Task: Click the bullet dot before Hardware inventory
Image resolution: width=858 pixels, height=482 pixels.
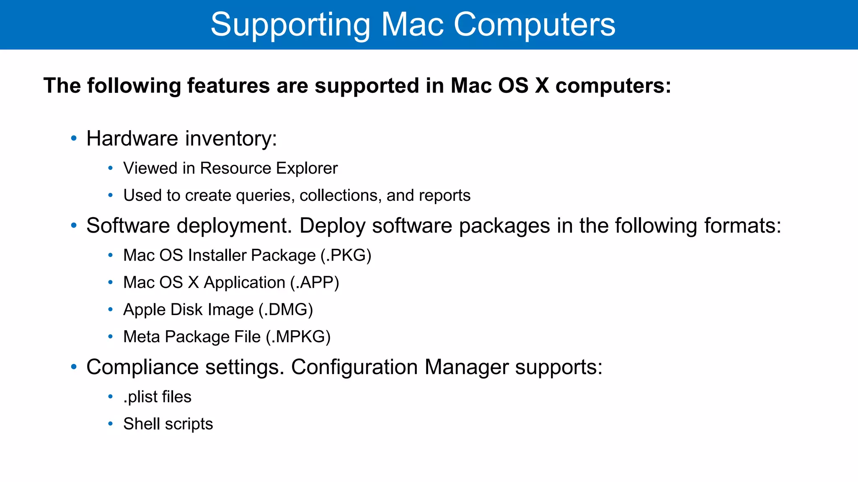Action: (x=74, y=138)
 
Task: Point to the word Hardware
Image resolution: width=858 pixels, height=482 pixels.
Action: (x=132, y=138)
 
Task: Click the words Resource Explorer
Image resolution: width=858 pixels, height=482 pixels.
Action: (x=269, y=168)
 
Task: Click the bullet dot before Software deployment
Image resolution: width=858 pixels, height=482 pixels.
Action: (x=74, y=226)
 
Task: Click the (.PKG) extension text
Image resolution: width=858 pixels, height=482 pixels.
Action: (x=346, y=255)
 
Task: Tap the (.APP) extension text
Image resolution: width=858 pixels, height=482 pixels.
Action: (x=315, y=282)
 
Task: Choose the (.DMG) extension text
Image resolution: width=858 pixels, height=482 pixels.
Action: (x=286, y=310)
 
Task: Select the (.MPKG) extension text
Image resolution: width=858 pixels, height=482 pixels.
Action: (x=298, y=337)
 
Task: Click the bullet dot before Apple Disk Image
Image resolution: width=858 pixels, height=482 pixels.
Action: (x=110, y=310)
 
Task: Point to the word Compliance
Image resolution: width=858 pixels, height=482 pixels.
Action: (x=142, y=367)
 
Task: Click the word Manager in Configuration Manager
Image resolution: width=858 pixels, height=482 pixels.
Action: (x=466, y=367)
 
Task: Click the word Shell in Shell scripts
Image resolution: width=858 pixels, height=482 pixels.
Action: (x=142, y=424)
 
